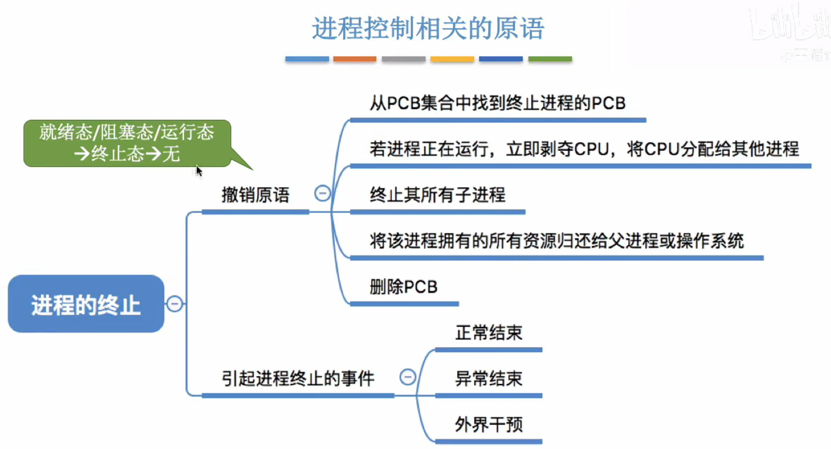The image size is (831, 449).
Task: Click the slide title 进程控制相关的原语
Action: pos(428,28)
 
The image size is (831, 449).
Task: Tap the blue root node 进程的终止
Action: pos(86,304)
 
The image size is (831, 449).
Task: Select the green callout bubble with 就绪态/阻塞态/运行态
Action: pos(127,143)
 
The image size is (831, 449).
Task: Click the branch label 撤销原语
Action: pos(255,195)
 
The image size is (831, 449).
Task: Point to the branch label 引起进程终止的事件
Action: pos(298,378)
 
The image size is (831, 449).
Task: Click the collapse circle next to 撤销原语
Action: pos(322,194)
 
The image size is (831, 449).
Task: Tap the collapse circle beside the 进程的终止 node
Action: pos(175,304)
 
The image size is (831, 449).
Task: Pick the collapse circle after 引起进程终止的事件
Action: pos(407,377)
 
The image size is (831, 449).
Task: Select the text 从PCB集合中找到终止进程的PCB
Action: pos(497,103)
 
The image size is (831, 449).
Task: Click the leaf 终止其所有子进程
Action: pos(438,195)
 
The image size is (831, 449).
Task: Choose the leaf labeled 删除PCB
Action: pos(403,287)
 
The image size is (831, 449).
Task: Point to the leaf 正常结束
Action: pos(488,333)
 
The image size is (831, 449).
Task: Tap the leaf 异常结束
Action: pos(488,378)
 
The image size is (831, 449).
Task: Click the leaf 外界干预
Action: pos(488,424)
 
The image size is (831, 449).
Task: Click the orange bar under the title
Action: pos(354,59)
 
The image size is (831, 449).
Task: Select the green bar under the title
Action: pos(550,59)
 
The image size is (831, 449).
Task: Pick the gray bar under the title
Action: pos(403,59)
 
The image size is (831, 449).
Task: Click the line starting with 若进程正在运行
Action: pos(584,149)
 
